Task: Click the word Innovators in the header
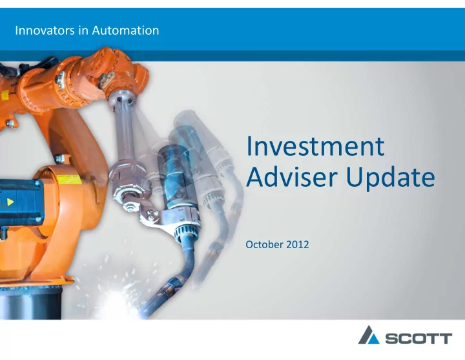click(x=45, y=30)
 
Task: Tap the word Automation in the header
click(x=125, y=30)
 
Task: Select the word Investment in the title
click(x=315, y=146)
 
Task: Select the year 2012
click(x=298, y=244)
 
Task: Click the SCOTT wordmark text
click(x=418, y=339)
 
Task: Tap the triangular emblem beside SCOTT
click(x=369, y=335)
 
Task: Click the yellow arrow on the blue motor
click(x=10, y=202)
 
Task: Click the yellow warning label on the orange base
click(x=69, y=179)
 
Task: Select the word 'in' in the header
click(x=83, y=30)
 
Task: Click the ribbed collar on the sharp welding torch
click(x=186, y=231)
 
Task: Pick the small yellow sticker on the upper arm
click(x=5, y=96)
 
